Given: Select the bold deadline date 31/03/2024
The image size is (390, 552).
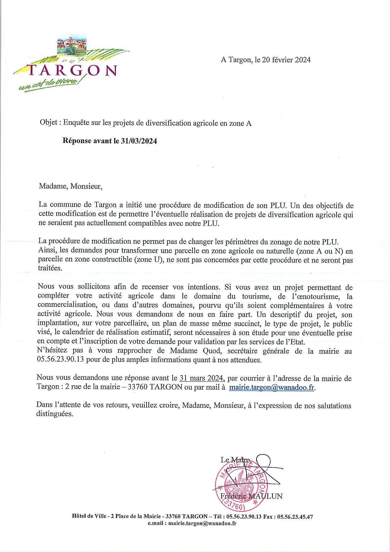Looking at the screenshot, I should coord(139,141).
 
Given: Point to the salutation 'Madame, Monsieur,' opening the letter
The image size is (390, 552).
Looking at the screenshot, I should coord(71,186).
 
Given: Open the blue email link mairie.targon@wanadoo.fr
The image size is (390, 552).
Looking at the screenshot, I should coord(272,387).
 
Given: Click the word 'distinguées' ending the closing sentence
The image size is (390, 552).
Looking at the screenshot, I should coord(55,414).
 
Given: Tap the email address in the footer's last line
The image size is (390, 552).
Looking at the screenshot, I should coord(203,523).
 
